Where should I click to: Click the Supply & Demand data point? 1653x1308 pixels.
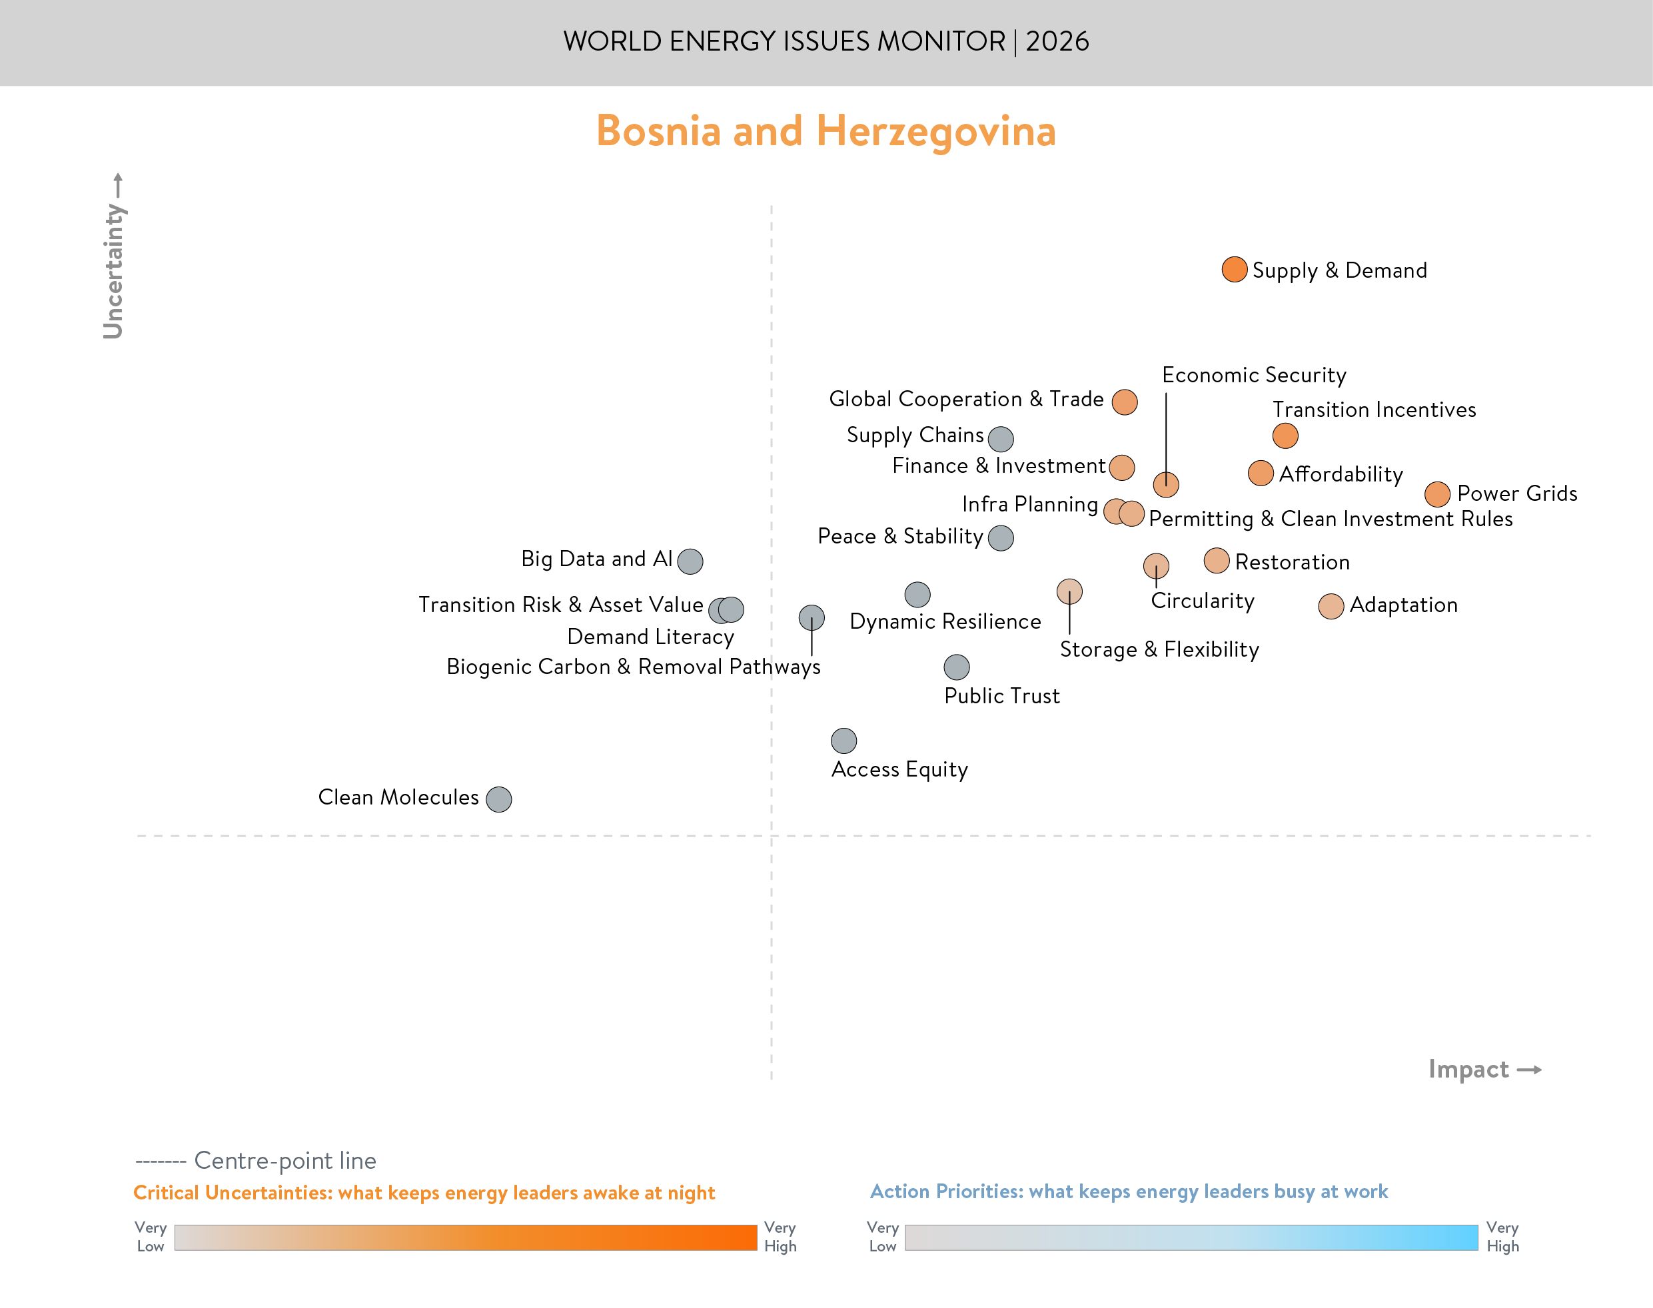coord(1234,270)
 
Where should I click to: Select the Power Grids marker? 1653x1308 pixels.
coord(1437,494)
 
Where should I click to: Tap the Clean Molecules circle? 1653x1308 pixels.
coord(498,799)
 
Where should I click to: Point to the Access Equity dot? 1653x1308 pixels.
coord(843,741)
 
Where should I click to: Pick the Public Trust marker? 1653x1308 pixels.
coord(956,667)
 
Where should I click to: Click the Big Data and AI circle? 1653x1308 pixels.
coord(690,561)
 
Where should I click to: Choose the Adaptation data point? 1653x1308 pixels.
coord(1331,606)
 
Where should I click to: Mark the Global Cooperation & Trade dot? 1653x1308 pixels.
coord(1124,402)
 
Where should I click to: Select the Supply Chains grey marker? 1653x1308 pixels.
coord(1000,439)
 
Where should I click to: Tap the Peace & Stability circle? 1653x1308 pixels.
coord(1000,537)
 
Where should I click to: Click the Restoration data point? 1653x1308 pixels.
coord(1216,561)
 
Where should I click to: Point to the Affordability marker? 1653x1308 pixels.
coord(1260,474)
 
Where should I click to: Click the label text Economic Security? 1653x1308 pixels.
coord(1253,374)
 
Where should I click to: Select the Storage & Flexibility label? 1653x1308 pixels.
coord(1158,649)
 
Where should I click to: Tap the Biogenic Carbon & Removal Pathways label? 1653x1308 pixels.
coord(633,667)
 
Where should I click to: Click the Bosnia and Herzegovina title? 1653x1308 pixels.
coord(826,131)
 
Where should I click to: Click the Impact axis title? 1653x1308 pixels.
coord(1468,1069)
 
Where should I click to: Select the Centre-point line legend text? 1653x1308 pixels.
coord(284,1160)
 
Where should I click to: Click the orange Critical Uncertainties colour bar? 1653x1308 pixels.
coord(465,1237)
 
